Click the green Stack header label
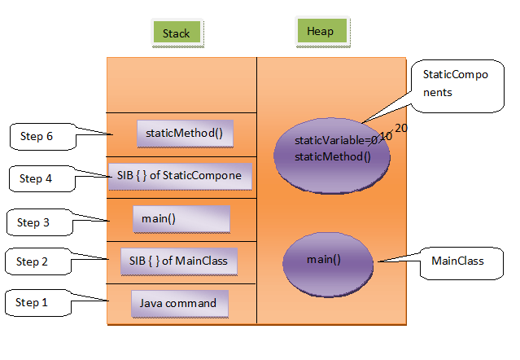[x=176, y=33]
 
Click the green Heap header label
[x=320, y=32]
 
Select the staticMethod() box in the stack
[x=185, y=134]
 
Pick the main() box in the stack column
[x=181, y=219]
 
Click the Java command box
[x=178, y=304]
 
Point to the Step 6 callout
[x=39, y=137]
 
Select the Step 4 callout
[x=39, y=178]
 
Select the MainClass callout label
[x=457, y=261]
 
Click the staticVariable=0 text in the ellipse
[x=336, y=142]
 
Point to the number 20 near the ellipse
[x=402, y=128]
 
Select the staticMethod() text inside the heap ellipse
[x=332, y=156]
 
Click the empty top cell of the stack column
[x=181, y=85]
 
